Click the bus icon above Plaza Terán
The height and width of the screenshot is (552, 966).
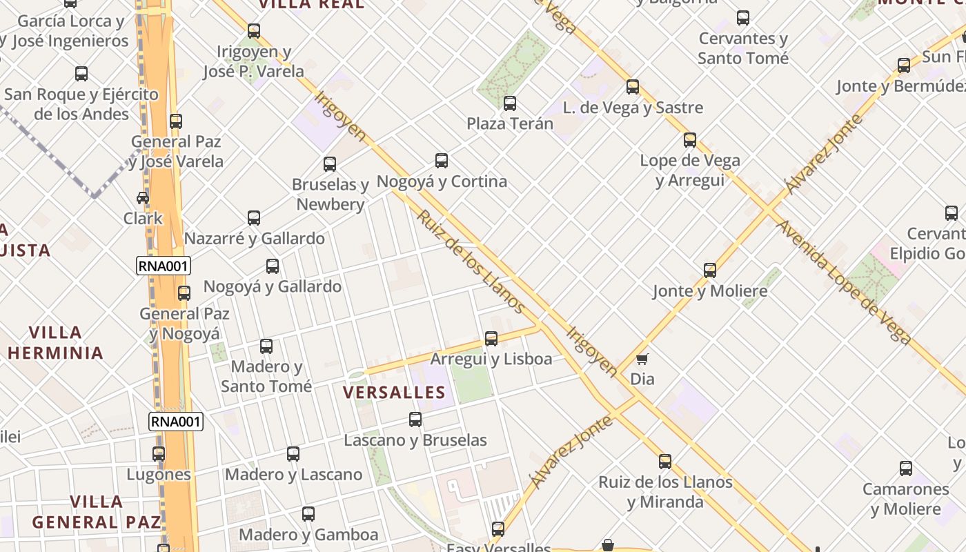510,103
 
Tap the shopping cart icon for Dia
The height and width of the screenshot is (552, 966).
642,359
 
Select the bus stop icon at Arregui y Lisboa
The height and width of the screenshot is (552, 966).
491,339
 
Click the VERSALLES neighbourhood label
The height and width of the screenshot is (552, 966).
395,393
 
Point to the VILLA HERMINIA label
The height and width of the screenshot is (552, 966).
55,343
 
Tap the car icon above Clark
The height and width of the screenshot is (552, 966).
143,198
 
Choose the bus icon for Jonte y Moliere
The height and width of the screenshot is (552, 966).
710,270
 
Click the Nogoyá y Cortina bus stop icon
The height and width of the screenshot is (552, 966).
442,161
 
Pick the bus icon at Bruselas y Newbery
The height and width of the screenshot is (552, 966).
330,164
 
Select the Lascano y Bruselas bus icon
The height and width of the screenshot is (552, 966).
415,420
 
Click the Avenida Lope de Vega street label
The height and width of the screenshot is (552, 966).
844,282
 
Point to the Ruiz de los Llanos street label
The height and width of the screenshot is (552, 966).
471,262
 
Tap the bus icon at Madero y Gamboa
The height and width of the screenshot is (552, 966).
308,514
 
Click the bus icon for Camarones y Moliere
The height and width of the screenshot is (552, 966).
906,469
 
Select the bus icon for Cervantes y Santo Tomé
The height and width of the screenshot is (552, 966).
743,18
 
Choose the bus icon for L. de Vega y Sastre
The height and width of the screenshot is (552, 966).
633,87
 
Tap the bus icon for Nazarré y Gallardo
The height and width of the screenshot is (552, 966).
254,218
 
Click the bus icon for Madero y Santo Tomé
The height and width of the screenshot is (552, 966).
266,346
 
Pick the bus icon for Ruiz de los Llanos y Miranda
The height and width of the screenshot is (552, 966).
665,461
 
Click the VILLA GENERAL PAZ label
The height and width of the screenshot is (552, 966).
97,512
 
